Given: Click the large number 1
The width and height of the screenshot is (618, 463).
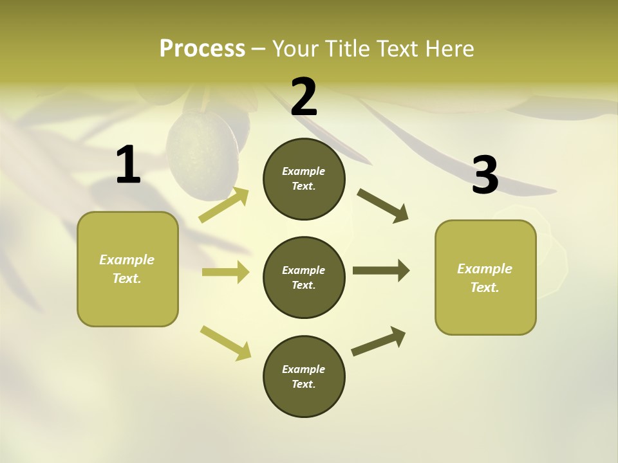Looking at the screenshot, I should point(128,165).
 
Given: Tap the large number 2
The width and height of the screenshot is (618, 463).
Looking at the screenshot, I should point(304,97).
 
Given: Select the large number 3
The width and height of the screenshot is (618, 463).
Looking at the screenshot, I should point(485,175).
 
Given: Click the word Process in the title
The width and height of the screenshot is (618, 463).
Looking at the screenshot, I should point(202,48).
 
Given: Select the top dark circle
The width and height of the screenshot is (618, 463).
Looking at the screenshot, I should point(304,179).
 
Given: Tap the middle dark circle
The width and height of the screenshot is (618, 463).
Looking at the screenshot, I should point(304,277).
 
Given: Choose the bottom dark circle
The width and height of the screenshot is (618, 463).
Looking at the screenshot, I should point(304,376).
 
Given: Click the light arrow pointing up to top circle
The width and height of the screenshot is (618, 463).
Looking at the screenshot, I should point(223,205).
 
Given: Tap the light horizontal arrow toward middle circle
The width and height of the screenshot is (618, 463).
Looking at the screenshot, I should point(225,272).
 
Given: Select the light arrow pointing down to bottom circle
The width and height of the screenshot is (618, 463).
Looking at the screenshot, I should point(225,342).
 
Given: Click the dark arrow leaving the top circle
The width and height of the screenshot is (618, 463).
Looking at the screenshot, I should point(382,205).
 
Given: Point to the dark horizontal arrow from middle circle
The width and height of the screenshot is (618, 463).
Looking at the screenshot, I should point(380,271).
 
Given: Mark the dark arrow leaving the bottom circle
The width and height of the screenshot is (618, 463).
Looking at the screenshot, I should point(379,341).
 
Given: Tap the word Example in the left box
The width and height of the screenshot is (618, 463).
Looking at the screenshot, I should point(127,260).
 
